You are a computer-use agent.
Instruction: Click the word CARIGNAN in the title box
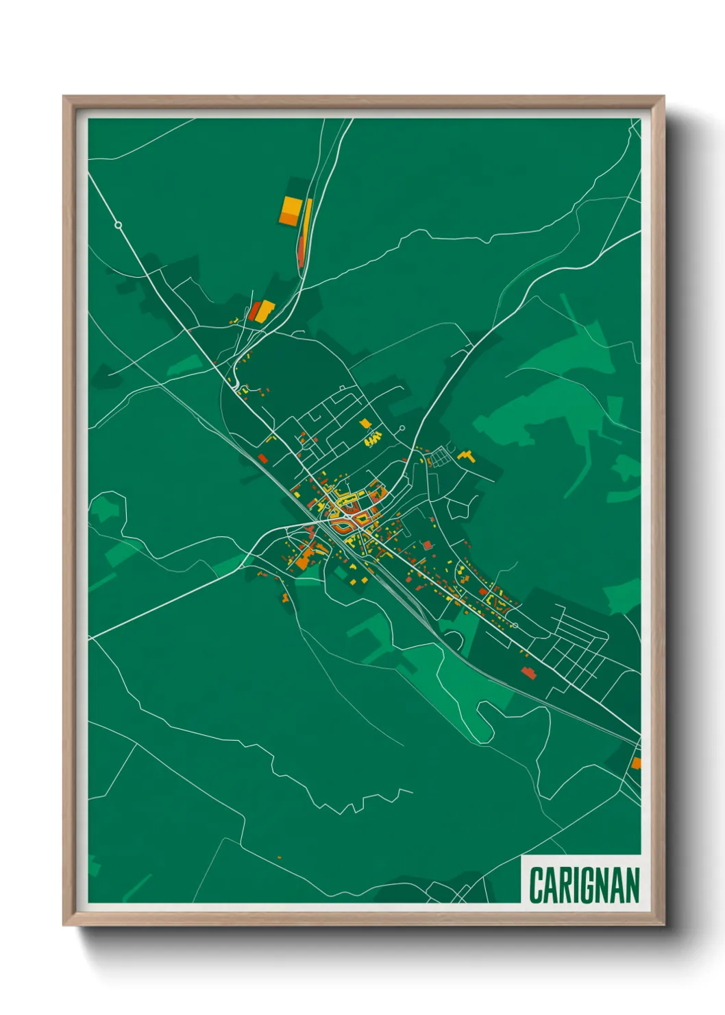pyautogui.click(x=584, y=885)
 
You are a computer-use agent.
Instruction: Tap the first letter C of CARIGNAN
pyautogui.click(x=536, y=885)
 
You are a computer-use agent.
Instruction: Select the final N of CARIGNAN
pyautogui.click(x=632, y=885)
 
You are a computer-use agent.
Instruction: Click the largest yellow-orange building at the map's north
pyautogui.click(x=291, y=210)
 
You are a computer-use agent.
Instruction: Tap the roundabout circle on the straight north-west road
pyautogui.click(x=118, y=225)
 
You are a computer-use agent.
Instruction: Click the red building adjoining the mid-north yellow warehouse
pyautogui.click(x=254, y=311)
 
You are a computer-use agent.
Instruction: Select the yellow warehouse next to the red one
pyautogui.click(x=266, y=309)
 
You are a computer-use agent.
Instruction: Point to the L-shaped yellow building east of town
pyautogui.click(x=466, y=455)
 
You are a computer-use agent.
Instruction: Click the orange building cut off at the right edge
pyautogui.click(x=636, y=763)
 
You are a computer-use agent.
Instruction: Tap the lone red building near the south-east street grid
pyautogui.click(x=528, y=673)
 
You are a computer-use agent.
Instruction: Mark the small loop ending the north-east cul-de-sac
pyautogui.click(x=402, y=429)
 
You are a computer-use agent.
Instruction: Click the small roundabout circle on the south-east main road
pyautogui.click(x=515, y=625)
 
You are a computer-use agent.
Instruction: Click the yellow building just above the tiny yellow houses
pyautogui.click(x=365, y=423)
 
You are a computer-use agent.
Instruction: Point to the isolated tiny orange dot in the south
pyautogui.click(x=280, y=857)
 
